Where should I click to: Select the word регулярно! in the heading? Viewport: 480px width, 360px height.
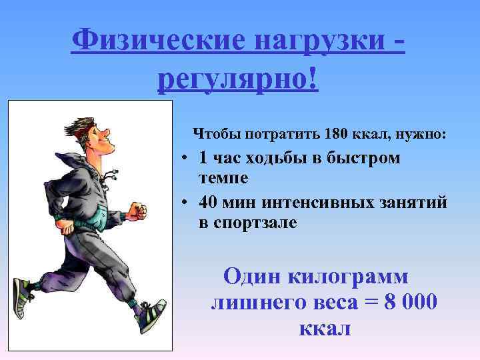pos(239,81)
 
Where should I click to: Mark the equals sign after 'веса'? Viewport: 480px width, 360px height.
pos(370,303)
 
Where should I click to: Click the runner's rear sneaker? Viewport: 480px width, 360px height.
pos(24,297)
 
